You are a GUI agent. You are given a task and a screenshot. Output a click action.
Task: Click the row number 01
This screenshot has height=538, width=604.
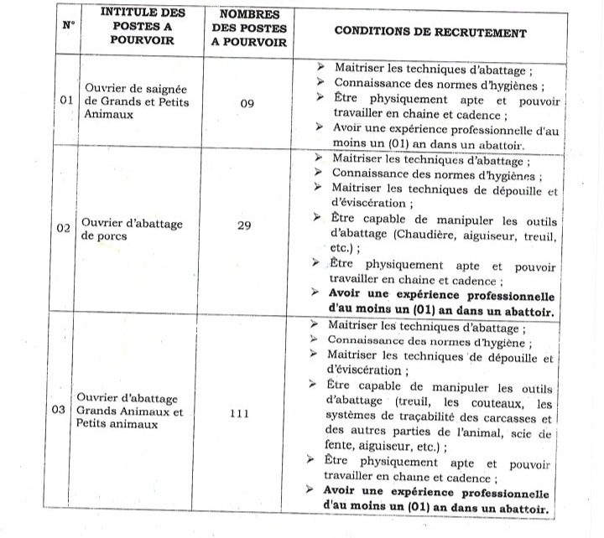68,101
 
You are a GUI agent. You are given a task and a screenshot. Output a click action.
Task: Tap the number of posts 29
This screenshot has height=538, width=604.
244,224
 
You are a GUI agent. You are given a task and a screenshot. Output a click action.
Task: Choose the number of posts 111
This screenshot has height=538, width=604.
240,413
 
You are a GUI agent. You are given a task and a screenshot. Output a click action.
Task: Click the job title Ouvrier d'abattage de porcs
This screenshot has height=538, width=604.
132,230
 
